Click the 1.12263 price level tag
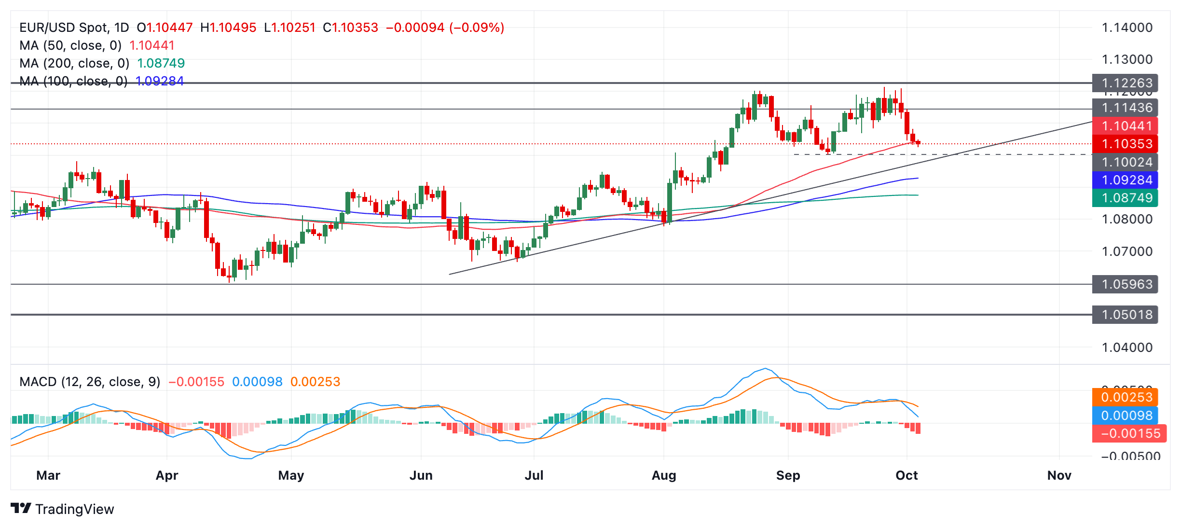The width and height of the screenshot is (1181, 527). tap(1126, 83)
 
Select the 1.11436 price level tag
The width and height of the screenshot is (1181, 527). tap(1126, 108)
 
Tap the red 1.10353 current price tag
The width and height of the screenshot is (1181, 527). tap(1126, 144)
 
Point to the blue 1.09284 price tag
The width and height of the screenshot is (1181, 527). tap(1126, 180)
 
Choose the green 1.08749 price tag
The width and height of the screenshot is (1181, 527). tap(1126, 198)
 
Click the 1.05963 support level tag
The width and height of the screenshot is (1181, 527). tap(1126, 284)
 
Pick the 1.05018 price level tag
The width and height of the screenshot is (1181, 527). tap(1126, 315)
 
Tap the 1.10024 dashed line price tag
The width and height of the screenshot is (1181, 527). tap(1126, 162)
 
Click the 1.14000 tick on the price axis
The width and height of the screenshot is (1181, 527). tap(1127, 28)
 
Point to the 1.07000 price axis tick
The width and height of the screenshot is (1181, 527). tap(1127, 251)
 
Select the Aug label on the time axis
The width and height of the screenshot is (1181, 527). tap(664, 475)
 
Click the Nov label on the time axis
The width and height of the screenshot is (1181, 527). tap(1059, 475)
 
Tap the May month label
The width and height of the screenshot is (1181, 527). tap(291, 475)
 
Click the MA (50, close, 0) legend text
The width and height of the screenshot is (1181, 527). tap(70, 45)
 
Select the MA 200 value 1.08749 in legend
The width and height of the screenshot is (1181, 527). tap(161, 63)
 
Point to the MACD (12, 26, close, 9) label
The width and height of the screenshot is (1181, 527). tap(90, 382)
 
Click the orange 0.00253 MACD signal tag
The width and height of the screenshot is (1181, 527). tap(1126, 397)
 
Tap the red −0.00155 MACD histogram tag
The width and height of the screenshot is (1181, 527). tap(1129, 433)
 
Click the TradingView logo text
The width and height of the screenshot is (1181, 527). tap(74, 509)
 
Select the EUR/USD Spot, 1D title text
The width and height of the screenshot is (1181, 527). tap(74, 28)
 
